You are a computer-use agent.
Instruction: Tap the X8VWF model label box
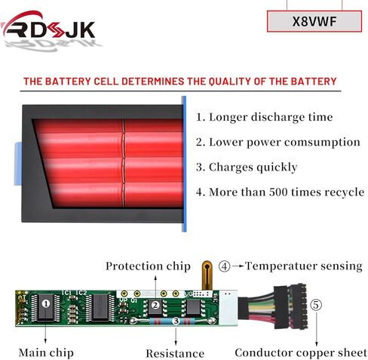click(314, 21)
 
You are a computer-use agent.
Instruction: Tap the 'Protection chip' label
click(148, 266)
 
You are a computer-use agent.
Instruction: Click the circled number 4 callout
click(224, 266)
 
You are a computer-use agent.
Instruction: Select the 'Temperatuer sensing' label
click(304, 266)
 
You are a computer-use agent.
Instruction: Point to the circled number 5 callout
click(316, 305)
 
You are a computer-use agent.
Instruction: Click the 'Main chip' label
click(46, 352)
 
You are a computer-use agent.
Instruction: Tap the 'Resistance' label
click(175, 353)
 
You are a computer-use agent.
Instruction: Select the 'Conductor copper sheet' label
click(301, 352)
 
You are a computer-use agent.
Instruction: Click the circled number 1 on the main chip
click(46, 303)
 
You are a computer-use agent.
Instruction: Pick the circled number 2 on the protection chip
click(155, 305)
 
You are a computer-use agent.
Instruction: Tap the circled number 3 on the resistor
click(176, 322)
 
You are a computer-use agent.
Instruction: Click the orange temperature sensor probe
click(207, 275)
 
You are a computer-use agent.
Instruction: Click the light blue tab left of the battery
click(18, 164)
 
